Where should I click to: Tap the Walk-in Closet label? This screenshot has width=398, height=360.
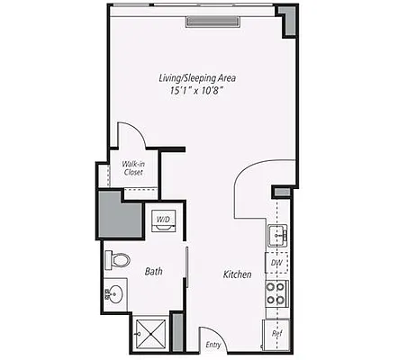(x=133, y=168)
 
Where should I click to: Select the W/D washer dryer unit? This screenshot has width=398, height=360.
(x=164, y=220)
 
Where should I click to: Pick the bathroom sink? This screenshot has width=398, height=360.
(x=113, y=293)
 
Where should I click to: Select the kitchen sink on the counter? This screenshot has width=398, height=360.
(x=276, y=236)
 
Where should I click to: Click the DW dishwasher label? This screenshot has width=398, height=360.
(x=276, y=263)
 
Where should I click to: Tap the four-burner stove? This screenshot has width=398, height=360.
(x=276, y=292)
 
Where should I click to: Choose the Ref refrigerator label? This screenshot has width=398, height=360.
(x=277, y=334)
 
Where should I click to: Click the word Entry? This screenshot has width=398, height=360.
(x=213, y=344)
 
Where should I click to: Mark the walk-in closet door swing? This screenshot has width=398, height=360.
(x=131, y=135)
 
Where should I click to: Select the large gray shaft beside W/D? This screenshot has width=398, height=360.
(x=121, y=214)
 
